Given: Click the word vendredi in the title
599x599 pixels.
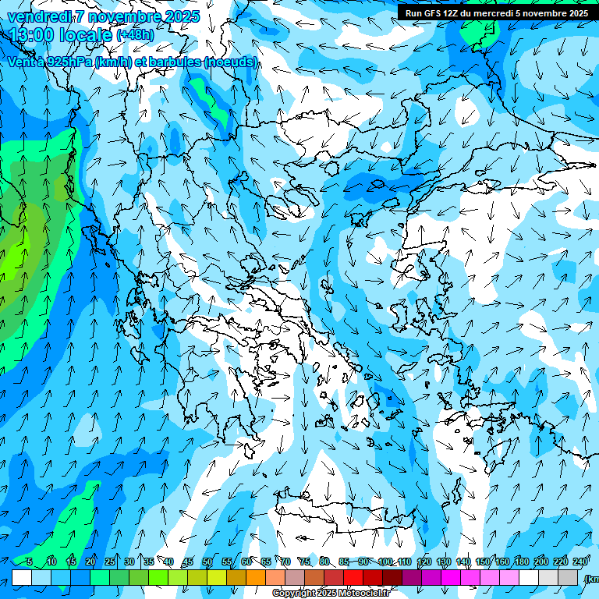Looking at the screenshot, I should pyautogui.click(x=39, y=17).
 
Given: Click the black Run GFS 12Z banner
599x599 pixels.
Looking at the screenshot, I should pyautogui.click(x=498, y=12).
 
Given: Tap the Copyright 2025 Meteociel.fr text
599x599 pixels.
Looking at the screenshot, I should pyautogui.click(x=331, y=594).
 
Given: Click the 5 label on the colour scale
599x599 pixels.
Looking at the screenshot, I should pyautogui.click(x=29, y=562).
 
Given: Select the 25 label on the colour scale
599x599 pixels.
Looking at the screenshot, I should pyautogui.click(x=110, y=562).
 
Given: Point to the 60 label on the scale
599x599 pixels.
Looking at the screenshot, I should pyautogui.click(x=246, y=562).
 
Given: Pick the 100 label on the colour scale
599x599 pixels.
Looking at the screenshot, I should pyautogui.click(x=385, y=562).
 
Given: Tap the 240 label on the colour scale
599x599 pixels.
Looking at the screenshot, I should pyautogui.click(x=580, y=562).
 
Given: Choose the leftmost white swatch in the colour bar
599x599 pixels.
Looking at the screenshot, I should pyautogui.click(x=22, y=577).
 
